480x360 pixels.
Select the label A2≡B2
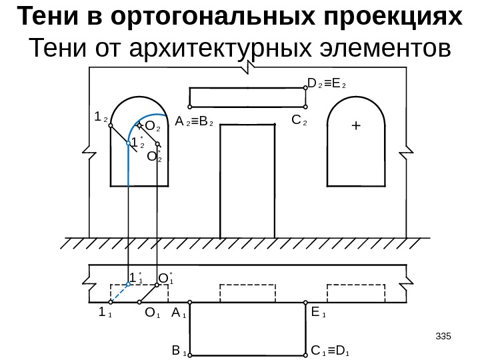coord(193,123)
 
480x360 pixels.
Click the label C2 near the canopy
coord(299,121)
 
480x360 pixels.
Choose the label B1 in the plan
coord(178,349)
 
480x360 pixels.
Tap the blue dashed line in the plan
coord(120,292)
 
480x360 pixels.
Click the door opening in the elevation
coord(247,180)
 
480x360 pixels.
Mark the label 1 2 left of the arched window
coord(101,117)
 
